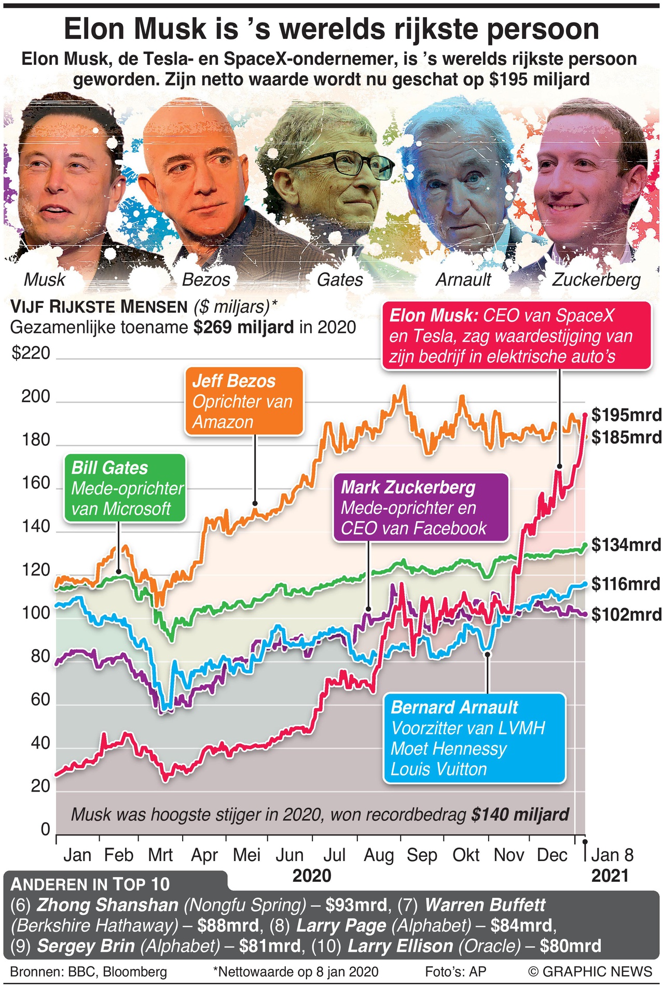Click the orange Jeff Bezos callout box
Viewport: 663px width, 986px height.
(x=244, y=401)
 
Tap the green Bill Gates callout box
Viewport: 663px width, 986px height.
(x=125, y=488)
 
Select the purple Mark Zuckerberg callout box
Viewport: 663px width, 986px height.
(x=420, y=508)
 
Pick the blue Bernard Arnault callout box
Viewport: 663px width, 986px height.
(x=474, y=738)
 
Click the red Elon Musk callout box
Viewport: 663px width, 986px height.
(x=516, y=336)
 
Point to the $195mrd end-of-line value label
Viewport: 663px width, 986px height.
(x=626, y=415)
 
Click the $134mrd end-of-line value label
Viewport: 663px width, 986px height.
(x=626, y=545)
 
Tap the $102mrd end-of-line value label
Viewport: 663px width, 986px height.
(x=626, y=614)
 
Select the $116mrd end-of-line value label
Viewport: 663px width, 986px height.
(x=626, y=584)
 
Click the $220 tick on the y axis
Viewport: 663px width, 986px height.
(x=31, y=354)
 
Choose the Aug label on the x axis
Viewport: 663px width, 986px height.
(x=379, y=855)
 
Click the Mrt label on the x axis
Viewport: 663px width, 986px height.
(x=160, y=855)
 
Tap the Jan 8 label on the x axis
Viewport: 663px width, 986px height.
(x=612, y=855)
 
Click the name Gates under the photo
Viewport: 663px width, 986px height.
(x=340, y=280)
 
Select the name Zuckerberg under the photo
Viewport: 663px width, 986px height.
(x=596, y=280)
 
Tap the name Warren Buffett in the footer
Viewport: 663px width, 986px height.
(x=485, y=905)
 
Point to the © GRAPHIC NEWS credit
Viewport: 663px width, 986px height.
(x=590, y=971)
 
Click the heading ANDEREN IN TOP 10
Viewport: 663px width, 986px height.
(x=90, y=884)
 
